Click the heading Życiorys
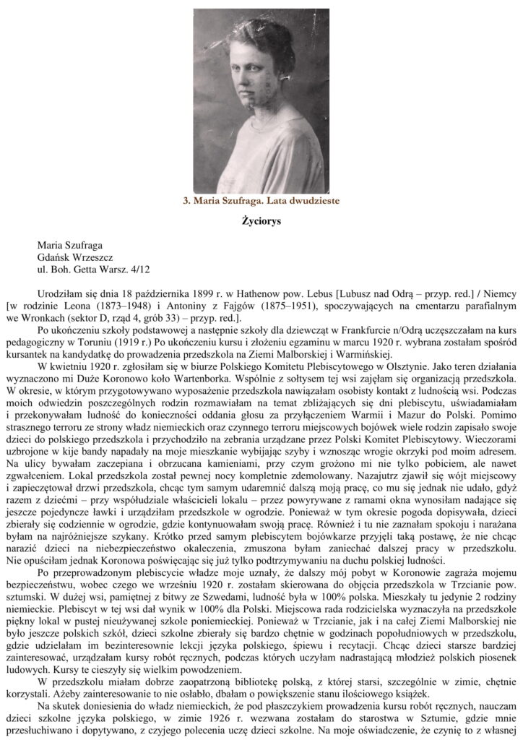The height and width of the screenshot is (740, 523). click(261, 221)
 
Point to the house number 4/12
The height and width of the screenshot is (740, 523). click(142, 269)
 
